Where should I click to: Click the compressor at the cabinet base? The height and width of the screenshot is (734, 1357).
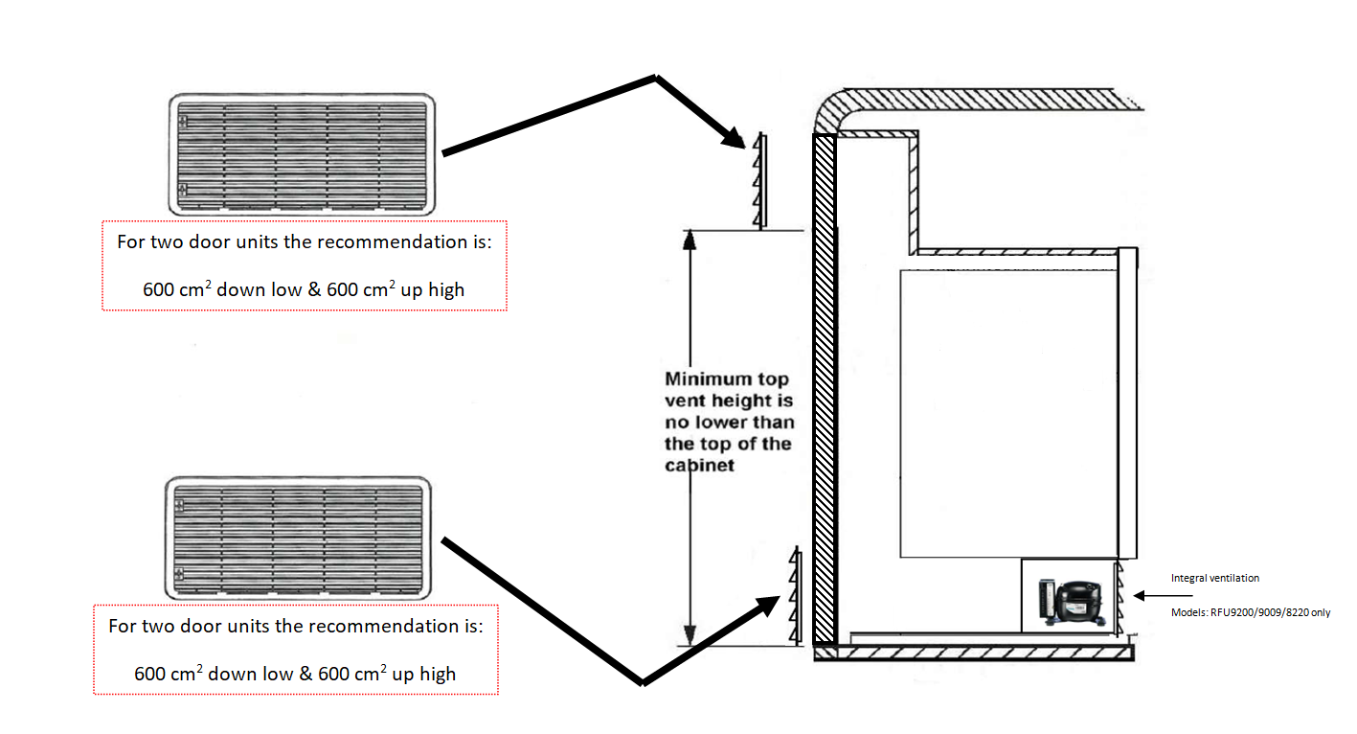pos(1069,601)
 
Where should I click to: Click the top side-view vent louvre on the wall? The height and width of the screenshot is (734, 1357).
pos(759,180)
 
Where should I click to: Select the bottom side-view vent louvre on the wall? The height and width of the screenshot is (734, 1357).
pos(794,596)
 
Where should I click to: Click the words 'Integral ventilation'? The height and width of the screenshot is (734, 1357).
pos(1214,578)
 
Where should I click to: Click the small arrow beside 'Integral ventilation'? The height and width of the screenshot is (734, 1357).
pos(1163,595)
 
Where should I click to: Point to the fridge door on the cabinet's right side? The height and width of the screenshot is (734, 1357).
pos(1127,402)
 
